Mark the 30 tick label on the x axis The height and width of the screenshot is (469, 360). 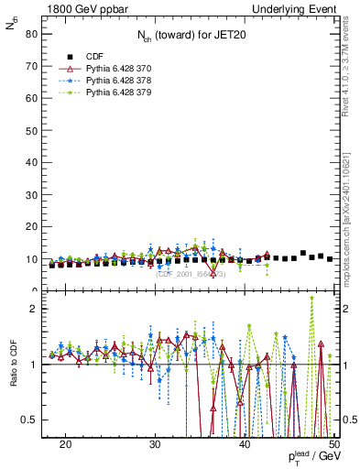click(155, 443)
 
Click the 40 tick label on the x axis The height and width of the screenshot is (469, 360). click(245, 443)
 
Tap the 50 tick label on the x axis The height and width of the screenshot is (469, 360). click(333, 443)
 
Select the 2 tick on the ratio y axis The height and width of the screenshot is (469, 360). click(36, 309)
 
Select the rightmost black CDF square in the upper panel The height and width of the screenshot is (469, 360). click(330, 259)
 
